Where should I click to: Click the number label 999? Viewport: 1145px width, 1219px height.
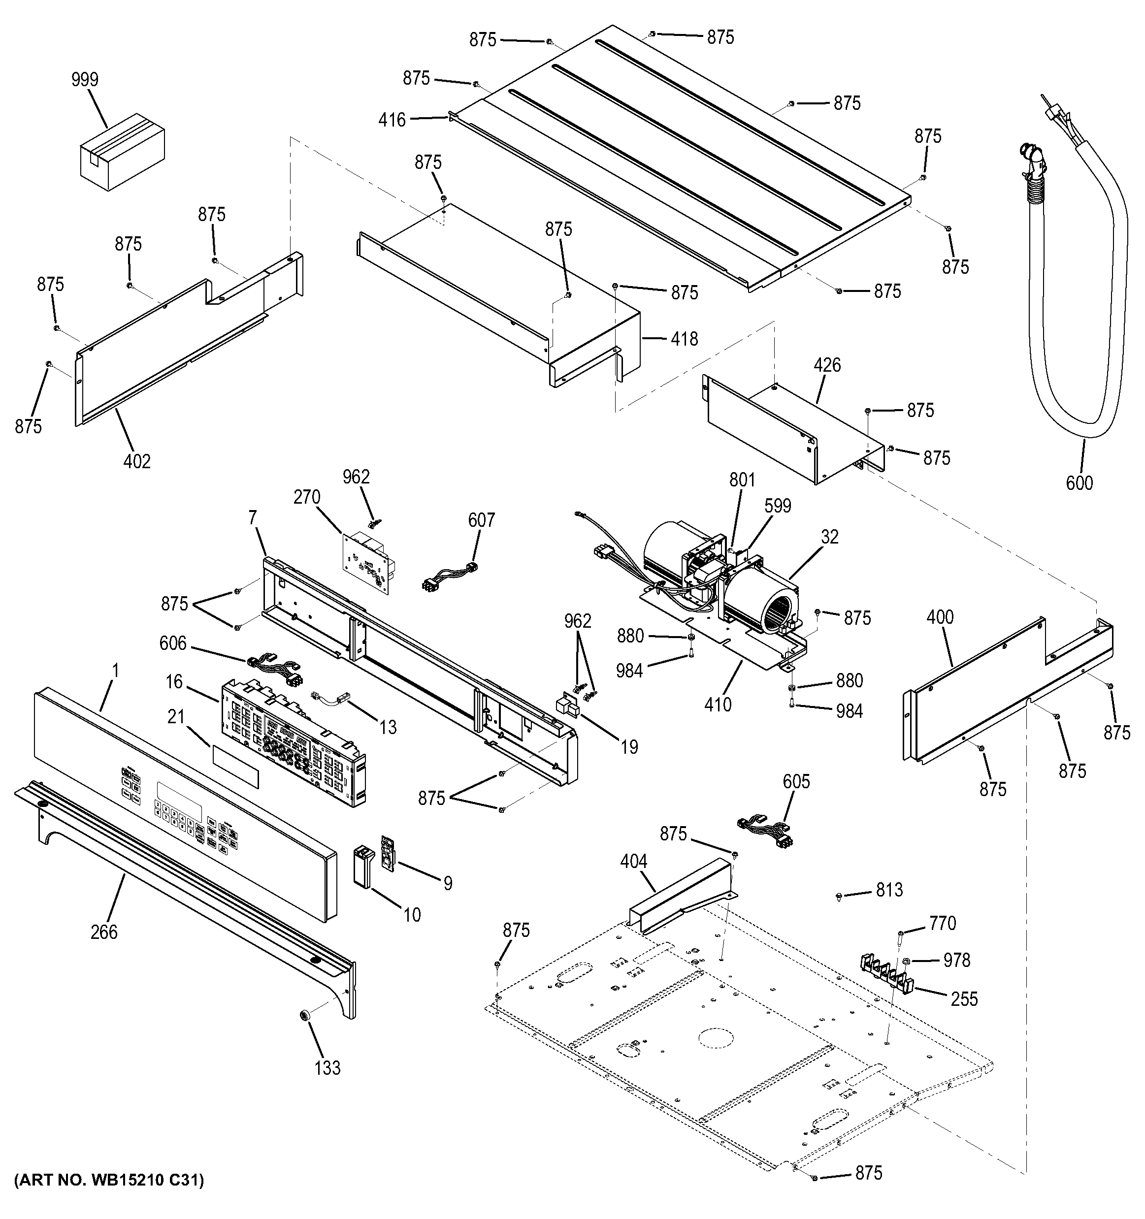85,80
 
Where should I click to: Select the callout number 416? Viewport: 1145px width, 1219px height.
392,120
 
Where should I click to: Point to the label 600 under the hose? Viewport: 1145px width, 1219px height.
1079,483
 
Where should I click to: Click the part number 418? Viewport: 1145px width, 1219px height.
684,339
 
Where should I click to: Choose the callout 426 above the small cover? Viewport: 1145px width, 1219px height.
827,365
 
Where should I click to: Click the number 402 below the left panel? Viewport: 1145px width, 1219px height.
137,461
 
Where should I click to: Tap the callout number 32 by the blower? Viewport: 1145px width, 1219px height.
829,537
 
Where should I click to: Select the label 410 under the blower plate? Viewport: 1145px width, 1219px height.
718,705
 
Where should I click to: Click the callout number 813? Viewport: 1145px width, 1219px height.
889,889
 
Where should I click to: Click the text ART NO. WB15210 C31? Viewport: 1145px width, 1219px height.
108,1180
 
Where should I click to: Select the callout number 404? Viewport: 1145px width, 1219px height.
633,862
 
